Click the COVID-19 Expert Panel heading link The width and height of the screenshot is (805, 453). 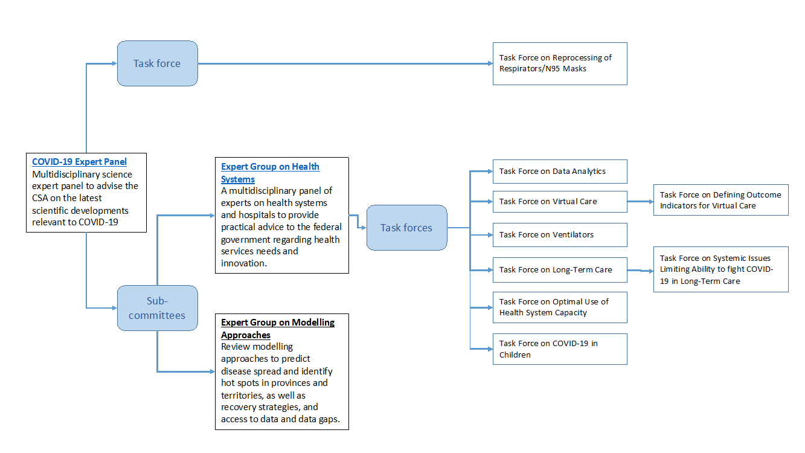(x=79, y=162)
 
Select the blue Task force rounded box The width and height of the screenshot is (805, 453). (x=157, y=63)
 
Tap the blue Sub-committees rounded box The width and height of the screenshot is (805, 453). (x=157, y=308)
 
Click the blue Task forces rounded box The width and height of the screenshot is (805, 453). (x=406, y=228)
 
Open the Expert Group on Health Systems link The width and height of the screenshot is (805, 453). (x=270, y=173)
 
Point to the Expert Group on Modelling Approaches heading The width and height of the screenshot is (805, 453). (x=277, y=329)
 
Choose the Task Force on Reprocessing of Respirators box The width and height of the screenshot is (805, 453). (x=559, y=63)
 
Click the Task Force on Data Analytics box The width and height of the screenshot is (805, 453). (x=559, y=172)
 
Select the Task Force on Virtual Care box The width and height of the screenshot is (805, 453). (x=559, y=202)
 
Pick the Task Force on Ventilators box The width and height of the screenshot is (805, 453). (x=559, y=235)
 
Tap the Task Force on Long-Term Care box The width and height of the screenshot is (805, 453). (x=559, y=270)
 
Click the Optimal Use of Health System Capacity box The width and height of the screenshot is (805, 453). (x=559, y=307)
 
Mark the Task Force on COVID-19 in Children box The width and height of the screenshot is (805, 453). (x=559, y=349)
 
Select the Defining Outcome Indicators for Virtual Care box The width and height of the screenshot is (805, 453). (x=720, y=200)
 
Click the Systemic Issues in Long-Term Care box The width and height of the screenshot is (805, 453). (x=720, y=269)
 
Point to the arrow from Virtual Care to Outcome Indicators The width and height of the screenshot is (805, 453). (x=640, y=201)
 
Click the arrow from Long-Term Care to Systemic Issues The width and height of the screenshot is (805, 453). (x=640, y=271)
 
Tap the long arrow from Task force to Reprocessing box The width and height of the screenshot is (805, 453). (x=344, y=63)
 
